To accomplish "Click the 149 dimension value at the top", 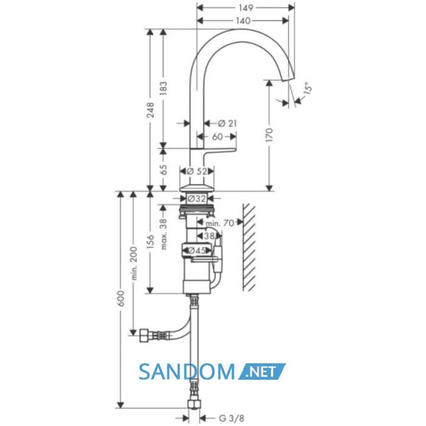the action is coord(246,7).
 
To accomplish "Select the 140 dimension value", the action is coord(243,21).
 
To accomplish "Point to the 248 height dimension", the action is coord(150,110).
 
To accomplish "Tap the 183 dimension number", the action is coord(163,88).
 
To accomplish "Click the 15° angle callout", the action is coord(307,88).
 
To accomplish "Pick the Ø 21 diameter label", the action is coord(228,124).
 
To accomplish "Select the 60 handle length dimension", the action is coord(217,137).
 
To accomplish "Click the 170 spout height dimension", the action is coord(269,134).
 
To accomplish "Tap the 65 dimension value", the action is coord(163,170).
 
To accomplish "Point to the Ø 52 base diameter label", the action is coord(197,172).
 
